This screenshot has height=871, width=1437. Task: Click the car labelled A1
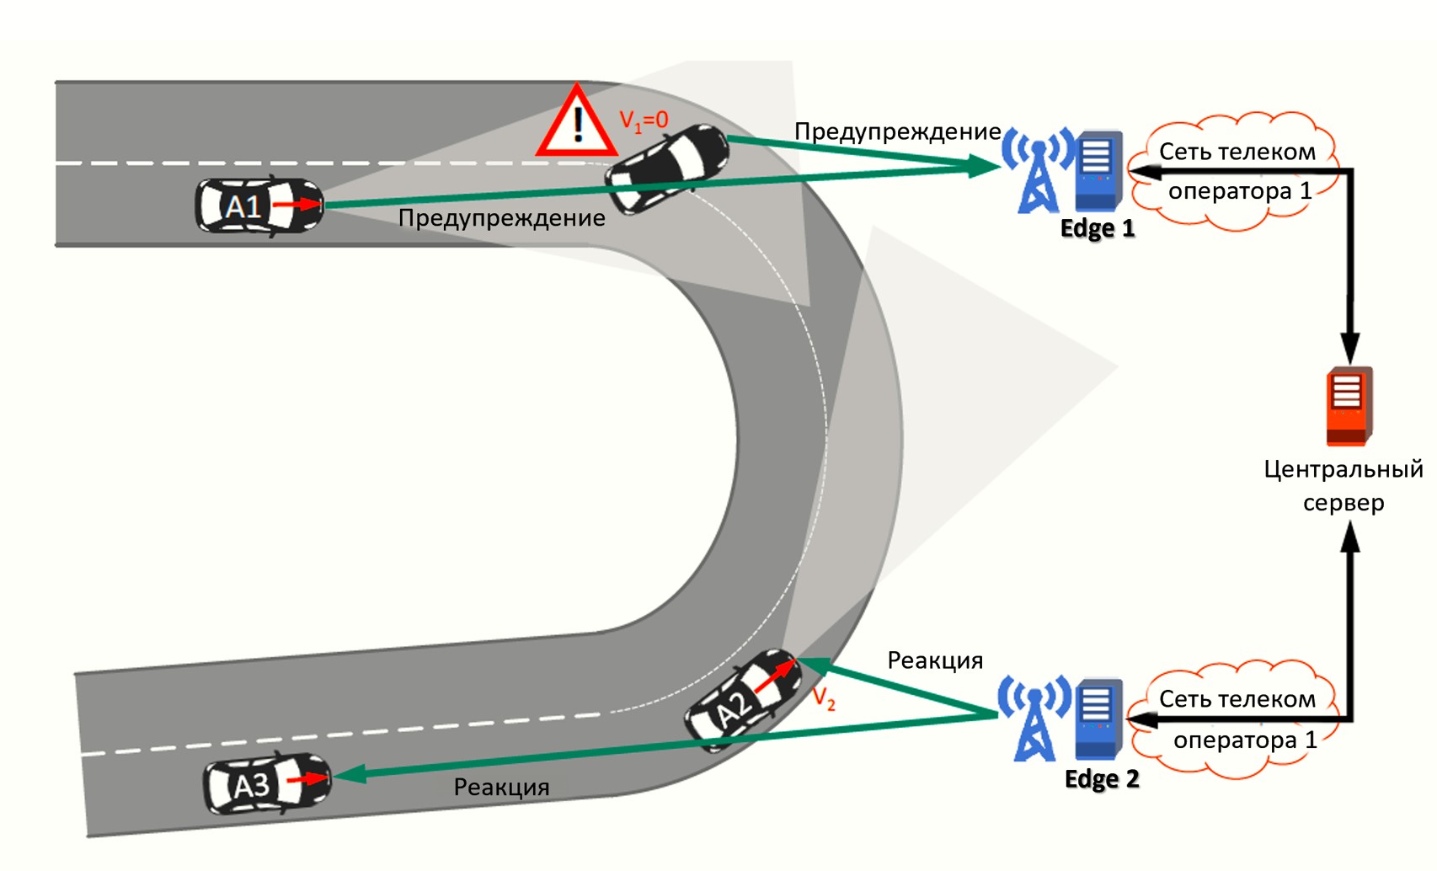tap(259, 206)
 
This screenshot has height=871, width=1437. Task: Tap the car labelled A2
tap(742, 699)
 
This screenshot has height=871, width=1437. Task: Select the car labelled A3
tap(267, 784)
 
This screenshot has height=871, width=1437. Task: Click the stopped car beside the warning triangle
tap(667, 167)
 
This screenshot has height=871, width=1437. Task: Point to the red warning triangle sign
tap(577, 125)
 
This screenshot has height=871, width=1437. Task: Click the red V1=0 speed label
tap(644, 120)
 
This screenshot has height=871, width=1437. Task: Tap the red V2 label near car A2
tap(824, 698)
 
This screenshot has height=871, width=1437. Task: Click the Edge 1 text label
tap(1097, 228)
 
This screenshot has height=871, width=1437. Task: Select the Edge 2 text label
tap(1101, 778)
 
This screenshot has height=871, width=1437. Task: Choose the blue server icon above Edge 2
tap(1098, 719)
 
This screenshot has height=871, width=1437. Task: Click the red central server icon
tap(1348, 406)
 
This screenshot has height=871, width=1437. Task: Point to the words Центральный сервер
tap(1343, 485)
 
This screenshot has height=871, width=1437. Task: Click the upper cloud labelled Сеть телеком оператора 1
tap(1237, 172)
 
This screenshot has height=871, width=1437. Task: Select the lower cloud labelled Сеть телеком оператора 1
tap(1237, 719)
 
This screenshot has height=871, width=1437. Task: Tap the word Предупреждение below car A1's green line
tap(501, 218)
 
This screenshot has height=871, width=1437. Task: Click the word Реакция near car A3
tap(501, 787)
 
